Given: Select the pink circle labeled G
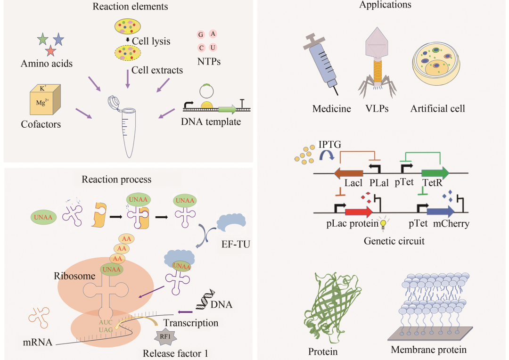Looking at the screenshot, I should pos(201,35).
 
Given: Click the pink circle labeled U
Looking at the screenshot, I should pos(213,48).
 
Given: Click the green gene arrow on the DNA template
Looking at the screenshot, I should pos(228,109).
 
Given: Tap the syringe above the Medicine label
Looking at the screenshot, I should pos(324,66).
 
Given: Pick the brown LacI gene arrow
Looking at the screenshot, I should pos(349,173).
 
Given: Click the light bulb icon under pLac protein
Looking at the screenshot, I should pos(384,225).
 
